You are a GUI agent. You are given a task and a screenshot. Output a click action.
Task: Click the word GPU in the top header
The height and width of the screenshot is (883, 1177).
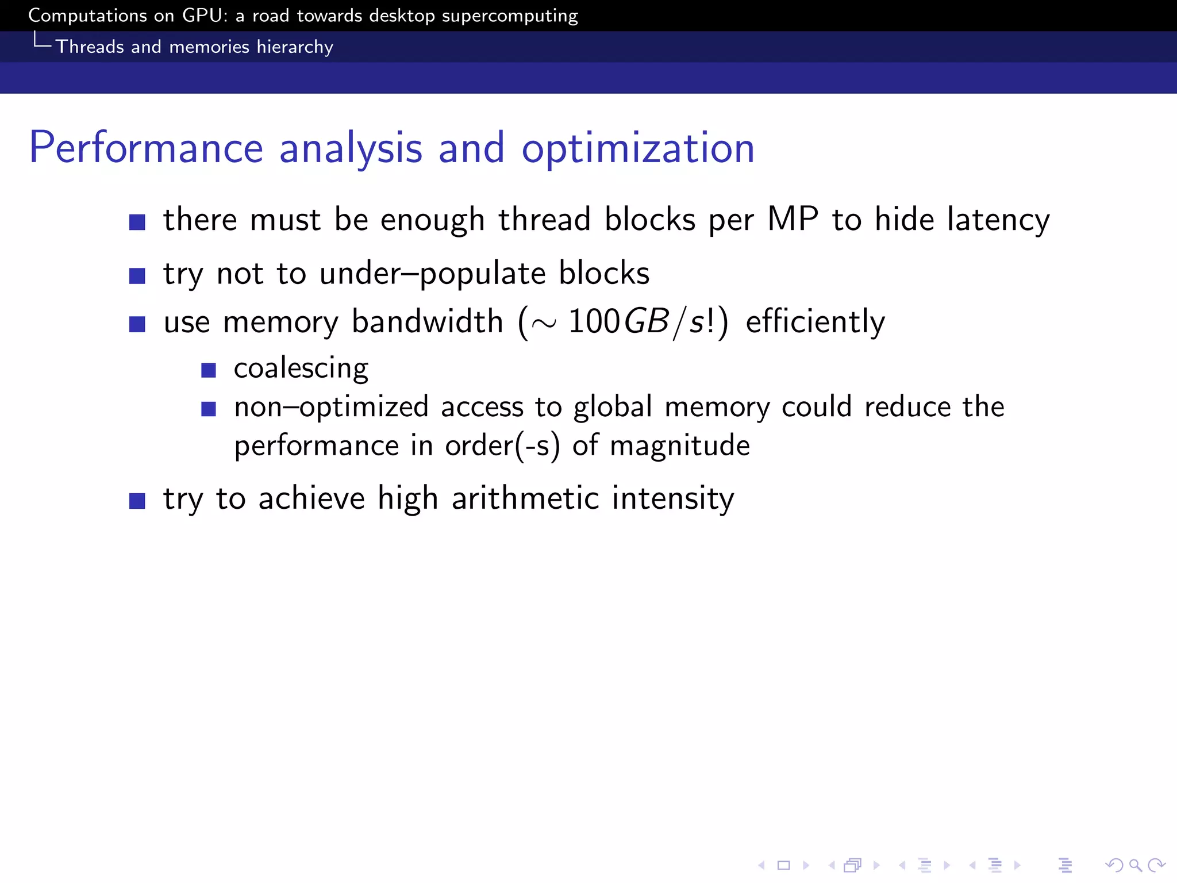click(x=204, y=16)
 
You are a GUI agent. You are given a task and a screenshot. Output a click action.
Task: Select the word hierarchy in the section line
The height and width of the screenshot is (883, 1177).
click(x=295, y=47)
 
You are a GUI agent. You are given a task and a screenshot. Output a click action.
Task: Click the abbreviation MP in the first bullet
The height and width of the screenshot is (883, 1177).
click(x=793, y=219)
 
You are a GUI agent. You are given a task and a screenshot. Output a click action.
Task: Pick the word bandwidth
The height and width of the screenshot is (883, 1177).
click(x=427, y=321)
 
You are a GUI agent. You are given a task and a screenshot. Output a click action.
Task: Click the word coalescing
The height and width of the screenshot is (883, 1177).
click(x=301, y=368)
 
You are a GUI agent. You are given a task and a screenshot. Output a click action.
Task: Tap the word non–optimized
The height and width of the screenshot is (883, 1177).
click(x=332, y=408)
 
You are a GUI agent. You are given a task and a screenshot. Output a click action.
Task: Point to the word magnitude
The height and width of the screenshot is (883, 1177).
click(x=680, y=446)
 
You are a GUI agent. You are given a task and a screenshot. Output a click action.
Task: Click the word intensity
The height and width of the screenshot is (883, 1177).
click(x=673, y=498)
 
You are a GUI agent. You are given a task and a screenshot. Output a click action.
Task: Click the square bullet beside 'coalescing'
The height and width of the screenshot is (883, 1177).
click(x=209, y=370)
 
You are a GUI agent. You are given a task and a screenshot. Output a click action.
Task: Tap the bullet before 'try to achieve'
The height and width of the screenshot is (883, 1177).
click(x=137, y=501)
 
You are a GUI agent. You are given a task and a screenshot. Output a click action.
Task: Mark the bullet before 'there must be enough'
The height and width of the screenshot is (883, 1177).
click(x=137, y=222)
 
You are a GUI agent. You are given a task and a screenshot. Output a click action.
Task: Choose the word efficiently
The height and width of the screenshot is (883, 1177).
click(x=815, y=322)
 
